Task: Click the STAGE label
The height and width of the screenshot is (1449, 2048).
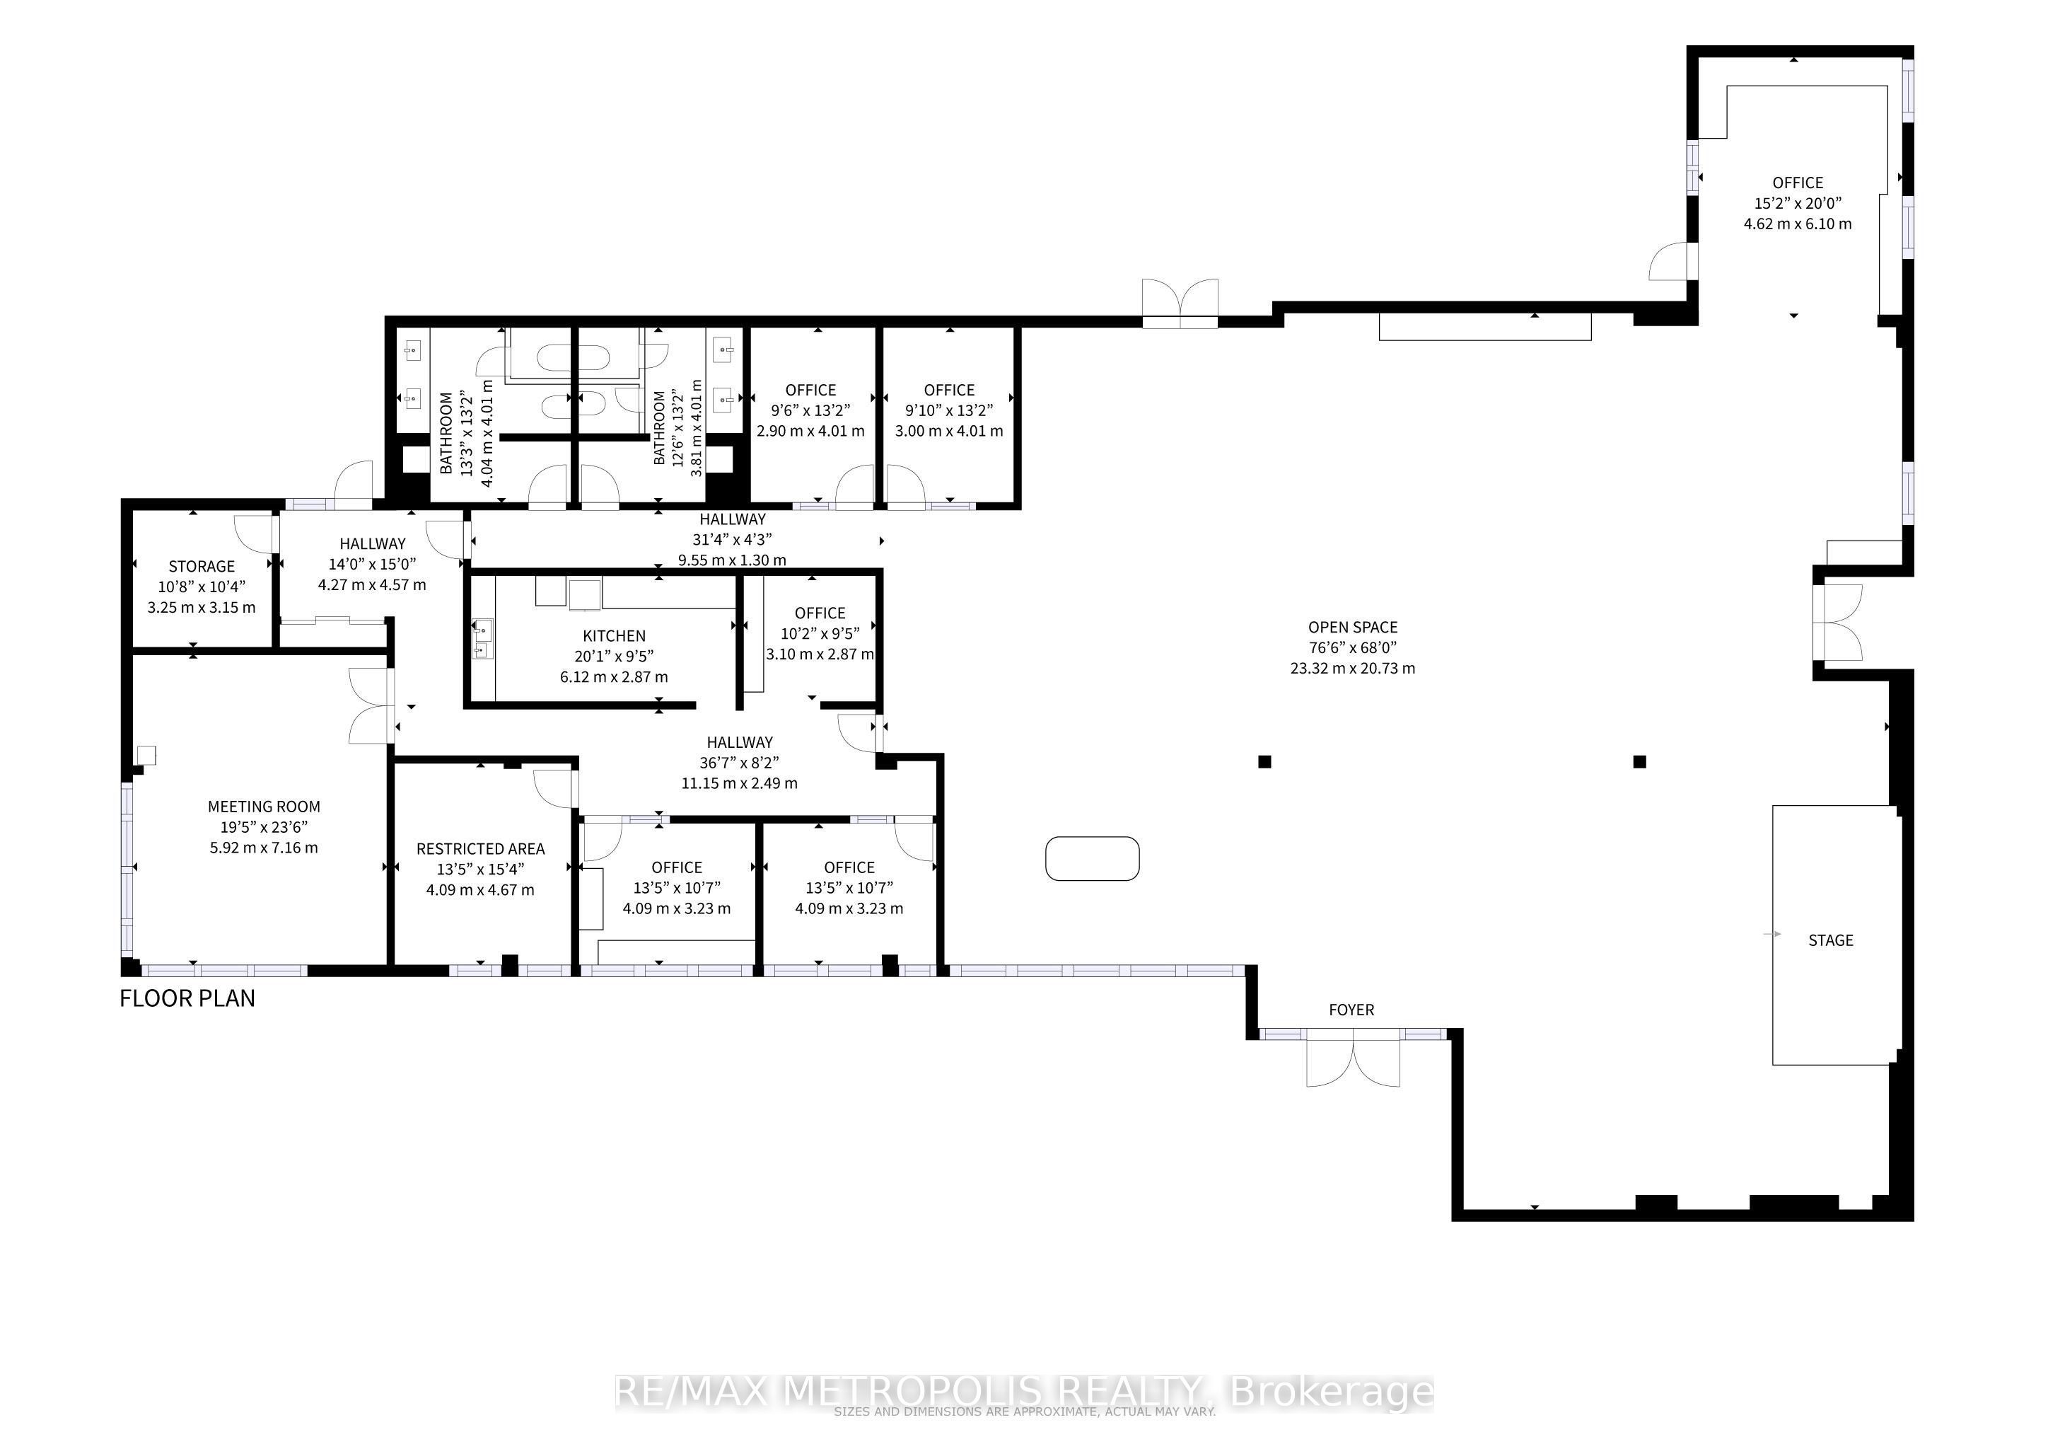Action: point(1830,940)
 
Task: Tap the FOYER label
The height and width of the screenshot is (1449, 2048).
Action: point(1351,1010)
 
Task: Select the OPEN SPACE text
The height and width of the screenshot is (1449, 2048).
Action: point(1352,628)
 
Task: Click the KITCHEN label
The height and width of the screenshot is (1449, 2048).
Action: point(614,636)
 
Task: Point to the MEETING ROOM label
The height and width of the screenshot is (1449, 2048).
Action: point(263,807)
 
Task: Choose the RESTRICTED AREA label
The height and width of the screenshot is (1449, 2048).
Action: point(480,848)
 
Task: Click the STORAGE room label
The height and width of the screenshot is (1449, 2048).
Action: point(202,567)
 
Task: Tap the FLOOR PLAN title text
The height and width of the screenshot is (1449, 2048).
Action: point(187,998)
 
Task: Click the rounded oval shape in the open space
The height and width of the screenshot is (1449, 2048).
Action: point(1092,858)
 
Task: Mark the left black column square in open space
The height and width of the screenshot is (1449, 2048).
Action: point(1264,761)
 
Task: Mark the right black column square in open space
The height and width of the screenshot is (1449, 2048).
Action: point(1639,761)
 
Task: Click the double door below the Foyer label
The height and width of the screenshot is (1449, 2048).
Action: point(1352,1060)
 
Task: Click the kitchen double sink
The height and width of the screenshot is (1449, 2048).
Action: point(482,639)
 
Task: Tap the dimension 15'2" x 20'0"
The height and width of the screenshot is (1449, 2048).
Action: point(1798,204)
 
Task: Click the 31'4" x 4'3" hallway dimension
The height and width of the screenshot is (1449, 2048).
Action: point(731,540)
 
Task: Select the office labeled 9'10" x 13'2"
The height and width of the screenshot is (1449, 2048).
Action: point(949,410)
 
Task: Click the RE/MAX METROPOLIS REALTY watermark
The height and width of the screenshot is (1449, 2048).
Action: point(1024,1392)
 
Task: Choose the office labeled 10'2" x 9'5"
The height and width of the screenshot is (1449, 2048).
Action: point(819,633)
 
